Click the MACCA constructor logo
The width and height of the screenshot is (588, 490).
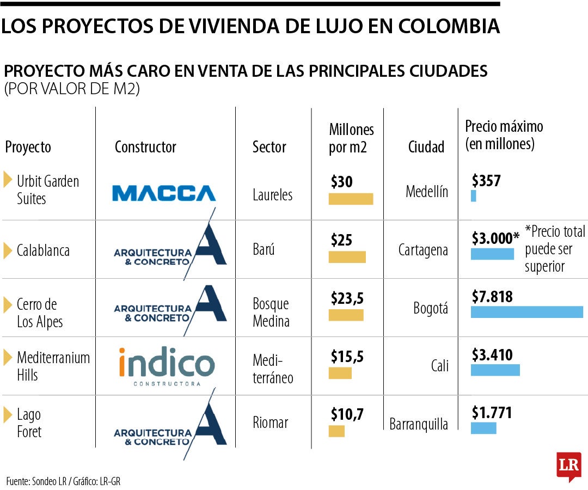coord(163,193)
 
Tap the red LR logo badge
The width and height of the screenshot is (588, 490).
coord(568,465)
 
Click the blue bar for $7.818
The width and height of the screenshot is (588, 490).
coord(526,312)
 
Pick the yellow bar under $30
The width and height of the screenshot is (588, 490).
coord(351,199)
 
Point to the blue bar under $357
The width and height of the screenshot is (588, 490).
coord(473,196)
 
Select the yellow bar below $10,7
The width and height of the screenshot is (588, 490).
coord(336,431)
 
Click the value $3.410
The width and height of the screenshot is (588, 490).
coord(492,356)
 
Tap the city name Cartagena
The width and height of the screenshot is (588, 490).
coord(423,250)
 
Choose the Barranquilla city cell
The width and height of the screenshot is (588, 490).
coord(419,424)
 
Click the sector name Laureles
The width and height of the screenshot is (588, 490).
coord(272,194)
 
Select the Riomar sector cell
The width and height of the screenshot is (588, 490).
coord(270,422)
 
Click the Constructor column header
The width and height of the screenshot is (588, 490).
coord(145,147)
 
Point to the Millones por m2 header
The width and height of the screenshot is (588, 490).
coord(351,138)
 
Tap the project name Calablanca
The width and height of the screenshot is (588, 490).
coord(43,251)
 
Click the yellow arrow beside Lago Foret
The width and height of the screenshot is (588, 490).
coord(7,415)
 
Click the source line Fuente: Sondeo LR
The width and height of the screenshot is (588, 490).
coord(63,481)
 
